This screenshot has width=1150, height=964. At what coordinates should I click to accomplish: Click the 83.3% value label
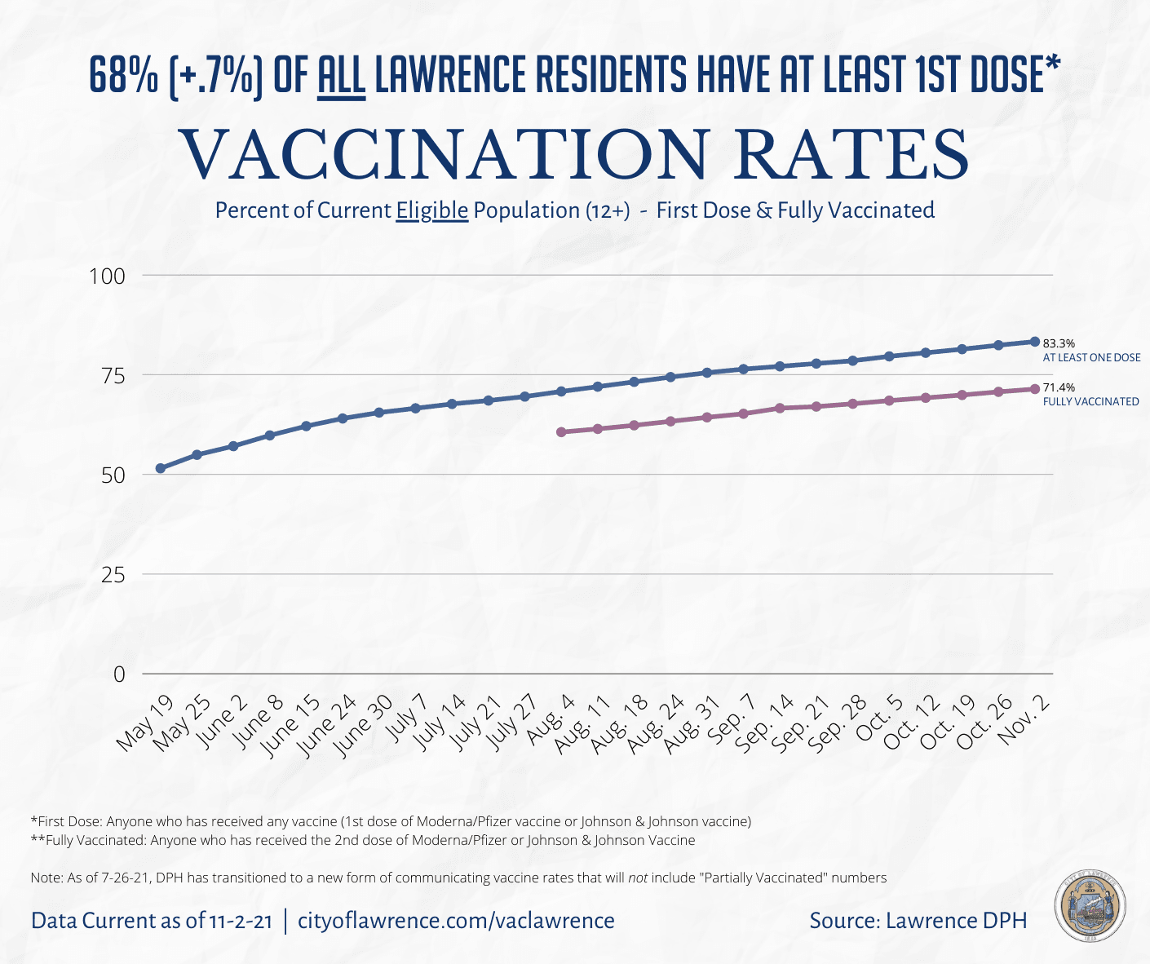[1059, 344]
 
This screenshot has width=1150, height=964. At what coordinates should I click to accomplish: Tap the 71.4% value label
[1059, 388]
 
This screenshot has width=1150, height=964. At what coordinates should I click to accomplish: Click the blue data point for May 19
[161, 468]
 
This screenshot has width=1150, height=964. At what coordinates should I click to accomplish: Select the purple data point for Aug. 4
[561, 431]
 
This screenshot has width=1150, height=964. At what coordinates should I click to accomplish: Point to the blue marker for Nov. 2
[1035, 341]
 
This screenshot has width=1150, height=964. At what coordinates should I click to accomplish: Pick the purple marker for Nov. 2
[1035, 388]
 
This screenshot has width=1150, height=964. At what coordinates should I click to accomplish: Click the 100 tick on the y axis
[108, 276]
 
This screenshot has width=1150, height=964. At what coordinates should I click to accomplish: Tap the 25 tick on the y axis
[113, 575]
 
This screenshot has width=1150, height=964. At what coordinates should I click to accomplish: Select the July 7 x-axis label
[407, 719]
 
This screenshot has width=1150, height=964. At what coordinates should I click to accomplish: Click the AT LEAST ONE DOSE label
[1091, 358]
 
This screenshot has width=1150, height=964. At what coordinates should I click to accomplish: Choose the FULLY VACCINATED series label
[1090, 402]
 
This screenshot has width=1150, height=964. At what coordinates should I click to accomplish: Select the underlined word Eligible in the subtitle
[431, 210]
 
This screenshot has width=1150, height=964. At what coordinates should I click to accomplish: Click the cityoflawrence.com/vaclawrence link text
[456, 921]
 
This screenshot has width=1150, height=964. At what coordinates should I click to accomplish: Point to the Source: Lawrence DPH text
[918, 921]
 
